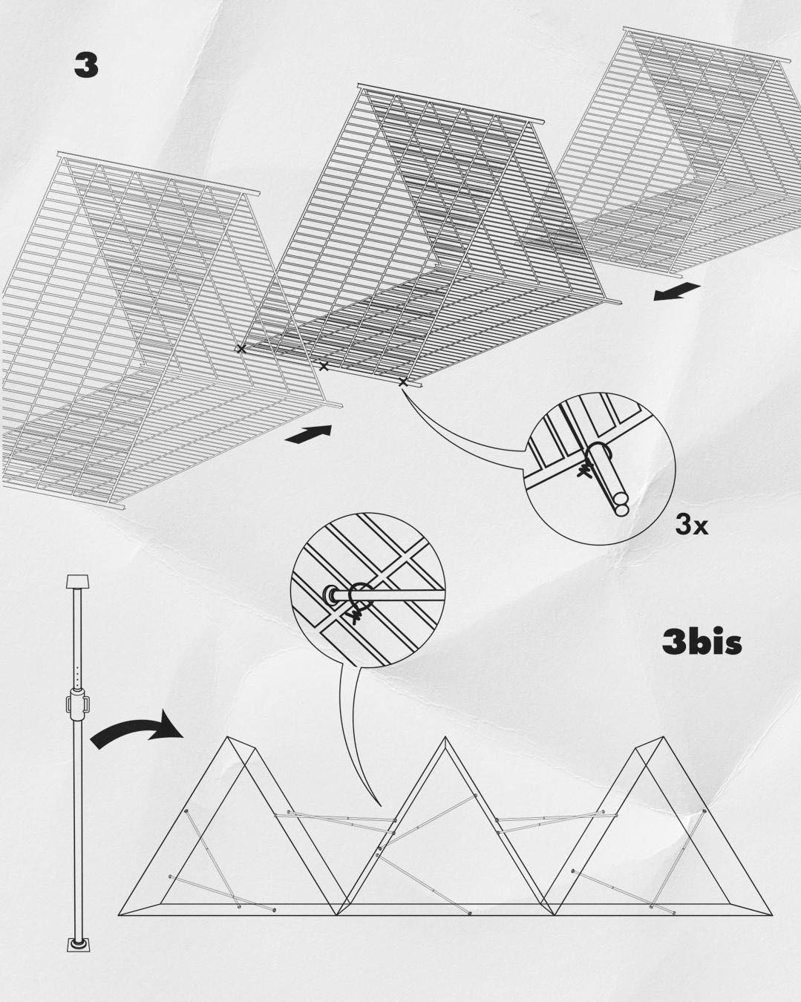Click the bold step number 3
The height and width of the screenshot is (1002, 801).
coord(86,66)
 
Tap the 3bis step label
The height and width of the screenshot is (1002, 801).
coord(702,643)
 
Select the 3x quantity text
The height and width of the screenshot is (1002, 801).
coord(691,525)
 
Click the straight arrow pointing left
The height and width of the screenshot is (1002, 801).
coord(677,292)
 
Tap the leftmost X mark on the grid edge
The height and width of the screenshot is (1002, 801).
coord(241,348)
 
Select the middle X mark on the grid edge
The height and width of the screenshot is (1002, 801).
coord(324,366)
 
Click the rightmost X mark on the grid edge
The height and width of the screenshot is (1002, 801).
coord(403,382)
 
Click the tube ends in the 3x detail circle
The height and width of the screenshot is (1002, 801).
coord(621,504)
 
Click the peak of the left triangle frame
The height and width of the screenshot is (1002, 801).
coord(227,738)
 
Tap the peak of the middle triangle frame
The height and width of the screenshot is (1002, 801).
coord(445,738)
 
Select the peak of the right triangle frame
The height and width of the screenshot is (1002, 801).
coord(664,738)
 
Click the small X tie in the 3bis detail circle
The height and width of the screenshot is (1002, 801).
coord(355,618)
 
